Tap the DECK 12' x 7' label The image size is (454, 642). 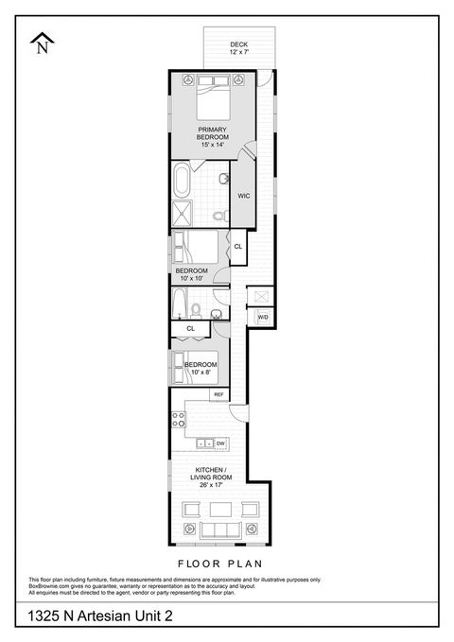tap(239, 48)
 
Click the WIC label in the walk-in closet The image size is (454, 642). tap(243, 196)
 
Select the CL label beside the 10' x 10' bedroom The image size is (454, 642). tap(237, 247)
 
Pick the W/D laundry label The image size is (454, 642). tap(263, 317)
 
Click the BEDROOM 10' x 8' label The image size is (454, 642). tap(201, 368)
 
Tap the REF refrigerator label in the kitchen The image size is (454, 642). tap(218, 394)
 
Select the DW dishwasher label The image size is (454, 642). tap(219, 443)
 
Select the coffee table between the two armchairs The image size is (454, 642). tap(221, 509)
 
